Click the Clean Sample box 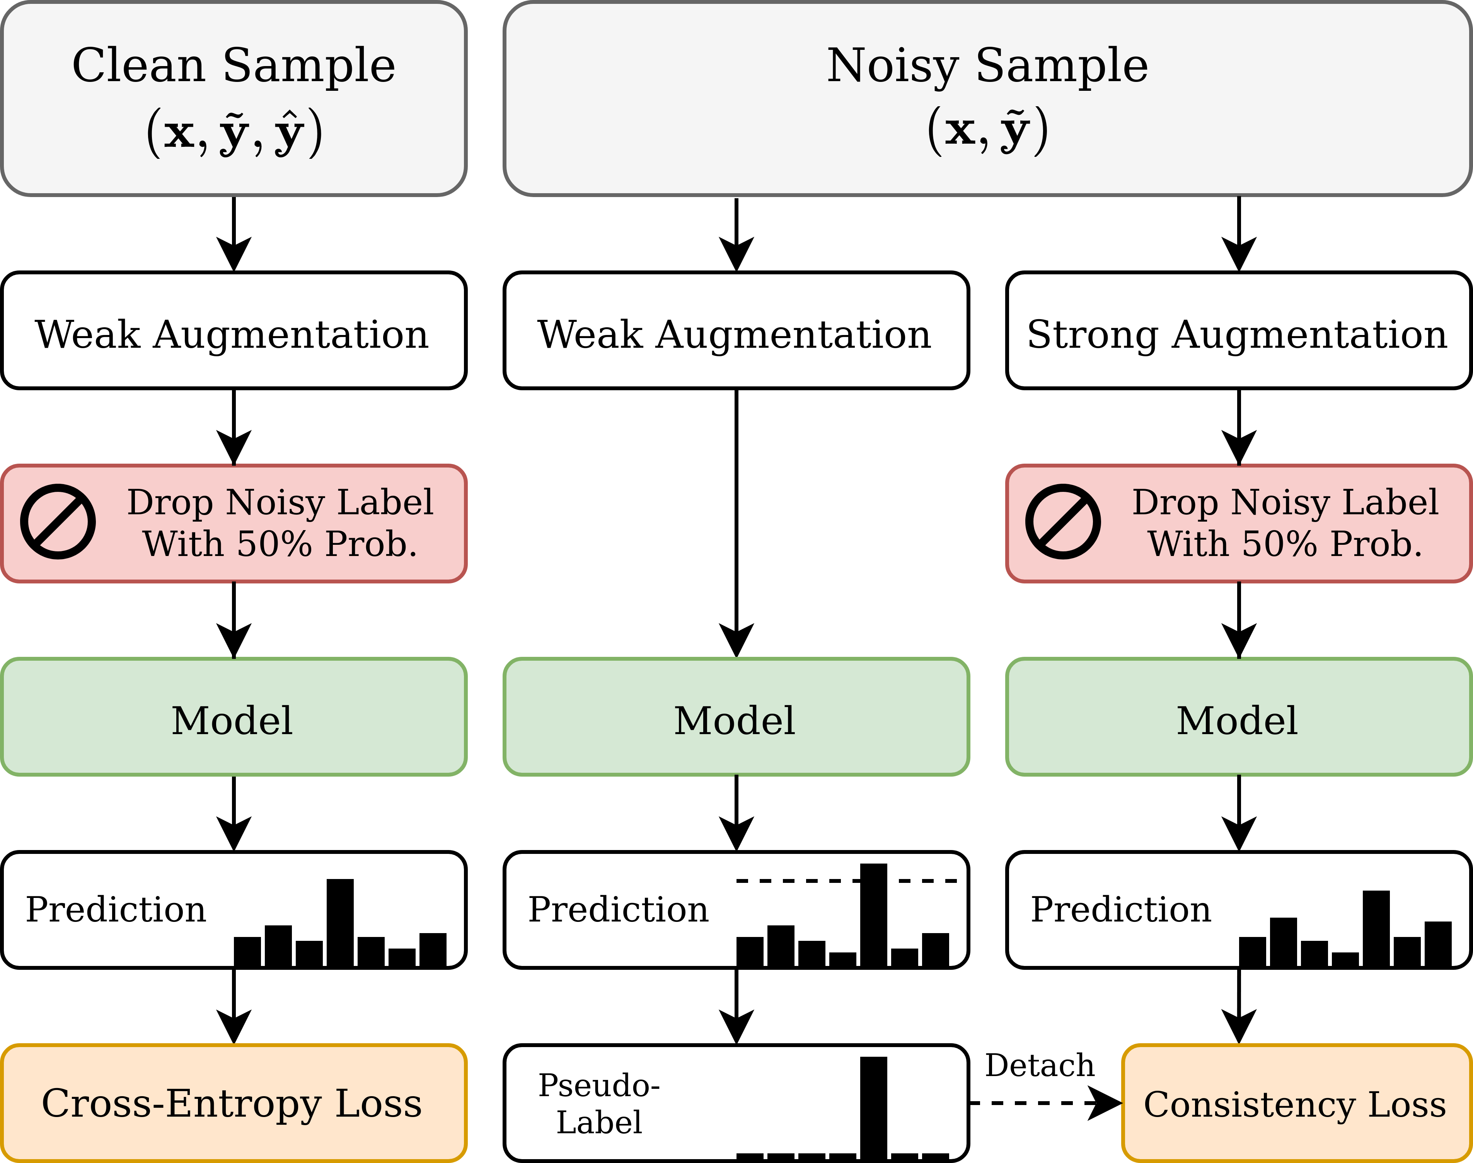pos(234,99)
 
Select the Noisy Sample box pos(987,99)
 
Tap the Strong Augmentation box pos(1238,331)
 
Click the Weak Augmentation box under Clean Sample pos(234,331)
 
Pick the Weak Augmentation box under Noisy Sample pos(736,331)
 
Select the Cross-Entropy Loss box pos(234,1103)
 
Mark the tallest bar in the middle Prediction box pos(873,916)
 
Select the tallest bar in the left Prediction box pos(340,923)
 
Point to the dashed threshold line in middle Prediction pos(797,881)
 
